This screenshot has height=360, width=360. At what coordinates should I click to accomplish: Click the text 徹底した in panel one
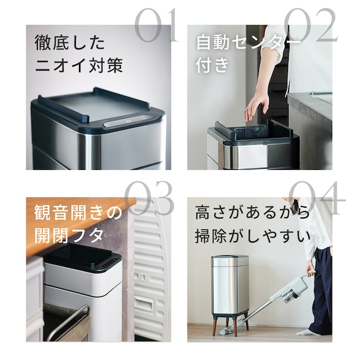tap(69, 43)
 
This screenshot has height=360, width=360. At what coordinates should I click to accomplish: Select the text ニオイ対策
tap(79, 65)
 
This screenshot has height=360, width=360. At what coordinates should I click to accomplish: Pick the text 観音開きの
tap(79, 213)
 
